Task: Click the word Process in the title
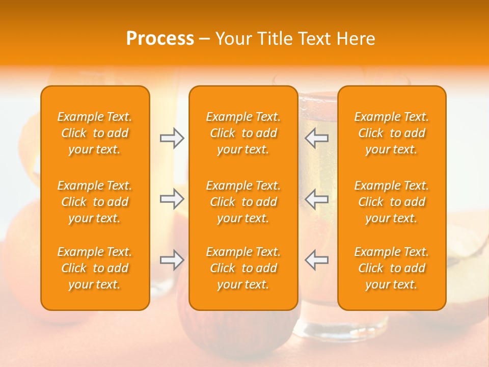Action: pos(160,39)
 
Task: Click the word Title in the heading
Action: pos(274,39)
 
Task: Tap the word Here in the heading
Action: pos(356,39)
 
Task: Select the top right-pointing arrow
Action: pos(172,138)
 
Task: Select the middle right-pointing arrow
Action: pos(172,199)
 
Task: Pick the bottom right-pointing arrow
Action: pos(172,260)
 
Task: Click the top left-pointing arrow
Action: pos(316,138)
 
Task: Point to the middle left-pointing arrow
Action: pos(316,199)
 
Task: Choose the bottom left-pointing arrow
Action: pos(316,260)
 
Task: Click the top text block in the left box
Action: pos(95,133)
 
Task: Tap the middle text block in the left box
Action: pos(95,202)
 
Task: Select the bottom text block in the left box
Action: pos(95,268)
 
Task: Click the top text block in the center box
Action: pos(243,133)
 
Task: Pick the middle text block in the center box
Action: pos(243,202)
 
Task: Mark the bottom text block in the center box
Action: pos(243,268)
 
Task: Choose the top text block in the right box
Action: pos(391,133)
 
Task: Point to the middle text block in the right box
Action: pos(391,202)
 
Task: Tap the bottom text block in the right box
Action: pos(391,268)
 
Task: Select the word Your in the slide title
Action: pos(233,39)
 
